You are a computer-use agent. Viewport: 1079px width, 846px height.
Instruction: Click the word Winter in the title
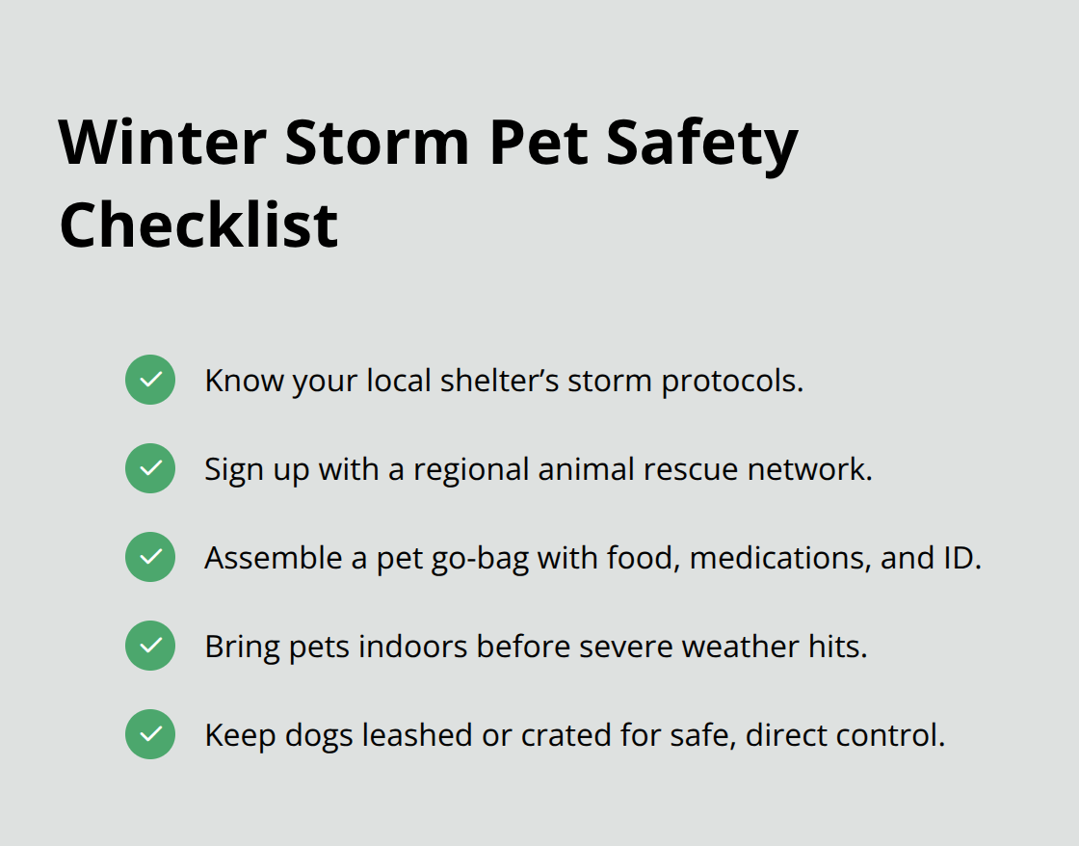click(163, 143)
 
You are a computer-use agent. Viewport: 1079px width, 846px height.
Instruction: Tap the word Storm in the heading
click(377, 143)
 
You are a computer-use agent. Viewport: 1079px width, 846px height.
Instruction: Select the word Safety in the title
click(702, 145)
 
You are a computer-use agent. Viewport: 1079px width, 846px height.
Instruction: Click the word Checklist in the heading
click(198, 225)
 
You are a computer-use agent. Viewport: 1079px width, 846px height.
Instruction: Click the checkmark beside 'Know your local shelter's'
click(150, 380)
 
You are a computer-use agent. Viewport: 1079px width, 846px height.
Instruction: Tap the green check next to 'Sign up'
click(150, 468)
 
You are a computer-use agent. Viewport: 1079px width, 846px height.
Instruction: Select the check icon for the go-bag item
click(150, 557)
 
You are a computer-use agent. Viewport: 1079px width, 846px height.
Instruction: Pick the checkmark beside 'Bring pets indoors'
click(150, 646)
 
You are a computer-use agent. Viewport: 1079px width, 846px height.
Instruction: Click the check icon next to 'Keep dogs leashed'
click(150, 734)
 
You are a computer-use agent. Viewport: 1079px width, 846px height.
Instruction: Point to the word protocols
click(732, 382)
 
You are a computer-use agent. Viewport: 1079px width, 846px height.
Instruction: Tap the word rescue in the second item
click(691, 470)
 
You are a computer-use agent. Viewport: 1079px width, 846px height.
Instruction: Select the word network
click(810, 469)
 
